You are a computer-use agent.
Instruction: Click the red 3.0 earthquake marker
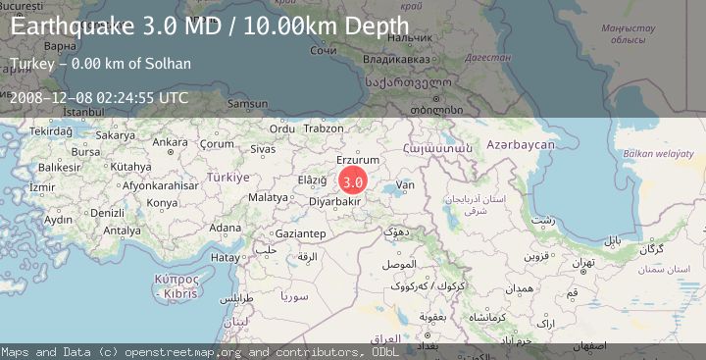tap(354, 181)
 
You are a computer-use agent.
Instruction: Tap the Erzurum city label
tap(357, 160)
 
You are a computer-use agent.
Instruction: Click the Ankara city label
tap(170, 142)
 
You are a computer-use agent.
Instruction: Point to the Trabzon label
tap(323, 128)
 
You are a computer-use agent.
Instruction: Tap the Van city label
tap(405, 184)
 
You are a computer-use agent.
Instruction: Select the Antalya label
tap(123, 231)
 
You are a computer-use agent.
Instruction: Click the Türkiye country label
tap(227, 178)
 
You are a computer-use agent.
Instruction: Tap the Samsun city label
tap(247, 103)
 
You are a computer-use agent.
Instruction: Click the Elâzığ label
tap(312, 180)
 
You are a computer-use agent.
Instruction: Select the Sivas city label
tap(263, 149)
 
